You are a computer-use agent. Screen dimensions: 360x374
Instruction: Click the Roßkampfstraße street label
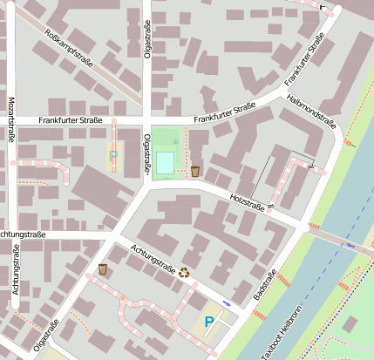tap(67, 51)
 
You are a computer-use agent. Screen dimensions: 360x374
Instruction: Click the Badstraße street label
tap(262, 289)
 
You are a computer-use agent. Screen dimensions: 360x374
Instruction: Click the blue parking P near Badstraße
tap(207, 323)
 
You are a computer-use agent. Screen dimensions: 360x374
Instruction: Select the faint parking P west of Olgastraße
tap(113, 154)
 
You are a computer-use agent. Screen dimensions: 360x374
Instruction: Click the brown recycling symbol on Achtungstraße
tap(185, 272)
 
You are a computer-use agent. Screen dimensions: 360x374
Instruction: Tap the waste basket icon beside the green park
tap(195, 171)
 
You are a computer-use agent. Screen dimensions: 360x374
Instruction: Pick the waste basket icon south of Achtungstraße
tap(104, 269)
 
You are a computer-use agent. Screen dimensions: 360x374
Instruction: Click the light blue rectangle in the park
tap(165, 162)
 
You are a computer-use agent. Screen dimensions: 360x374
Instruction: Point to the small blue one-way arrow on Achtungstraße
tap(227, 302)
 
